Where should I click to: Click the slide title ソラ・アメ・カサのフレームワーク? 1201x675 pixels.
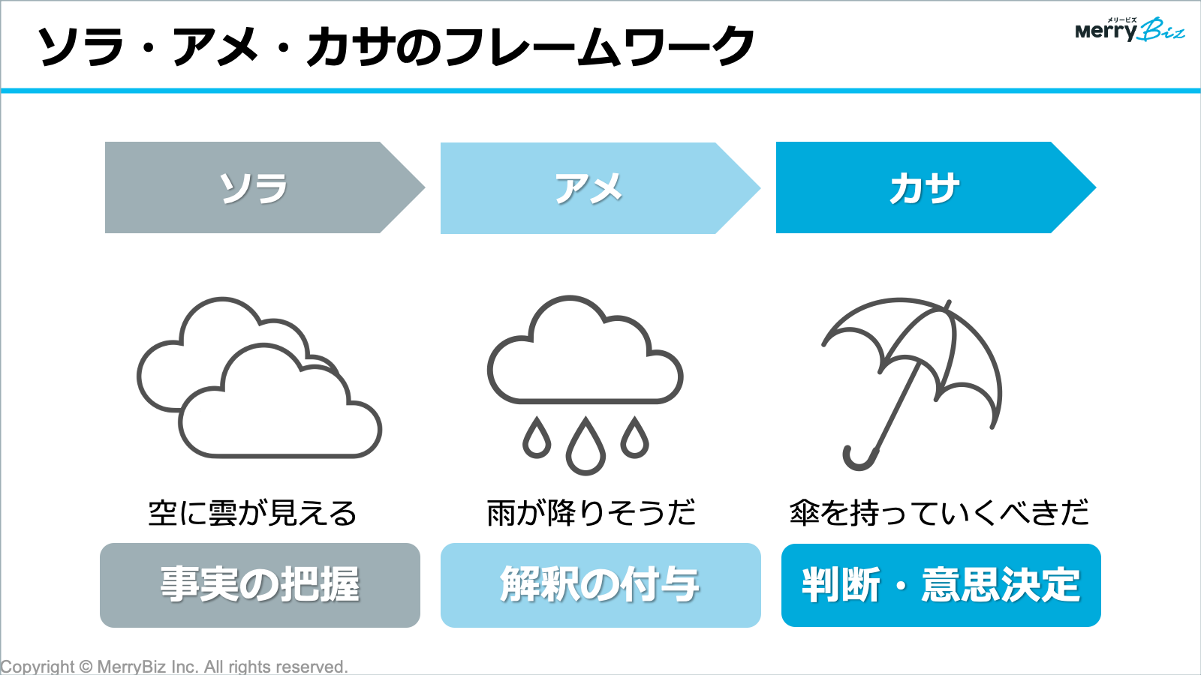point(396,46)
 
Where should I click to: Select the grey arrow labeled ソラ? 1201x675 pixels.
point(265,187)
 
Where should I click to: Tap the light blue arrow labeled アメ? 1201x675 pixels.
point(600,188)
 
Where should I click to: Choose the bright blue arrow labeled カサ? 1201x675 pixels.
point(936,187)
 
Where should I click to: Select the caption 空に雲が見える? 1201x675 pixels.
point(252,513)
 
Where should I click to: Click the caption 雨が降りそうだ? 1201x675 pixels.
point(591,512)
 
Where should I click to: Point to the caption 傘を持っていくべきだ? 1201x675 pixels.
point(939,512)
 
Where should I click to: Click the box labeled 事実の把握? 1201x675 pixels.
point(260,585)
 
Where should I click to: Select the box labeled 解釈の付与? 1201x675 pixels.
point(600,585)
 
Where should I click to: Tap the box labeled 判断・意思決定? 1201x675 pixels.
point(941,585)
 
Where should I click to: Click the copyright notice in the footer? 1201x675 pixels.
point(174,667)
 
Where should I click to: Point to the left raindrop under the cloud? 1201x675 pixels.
point(537,438)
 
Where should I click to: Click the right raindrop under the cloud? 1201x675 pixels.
point(635,438)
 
